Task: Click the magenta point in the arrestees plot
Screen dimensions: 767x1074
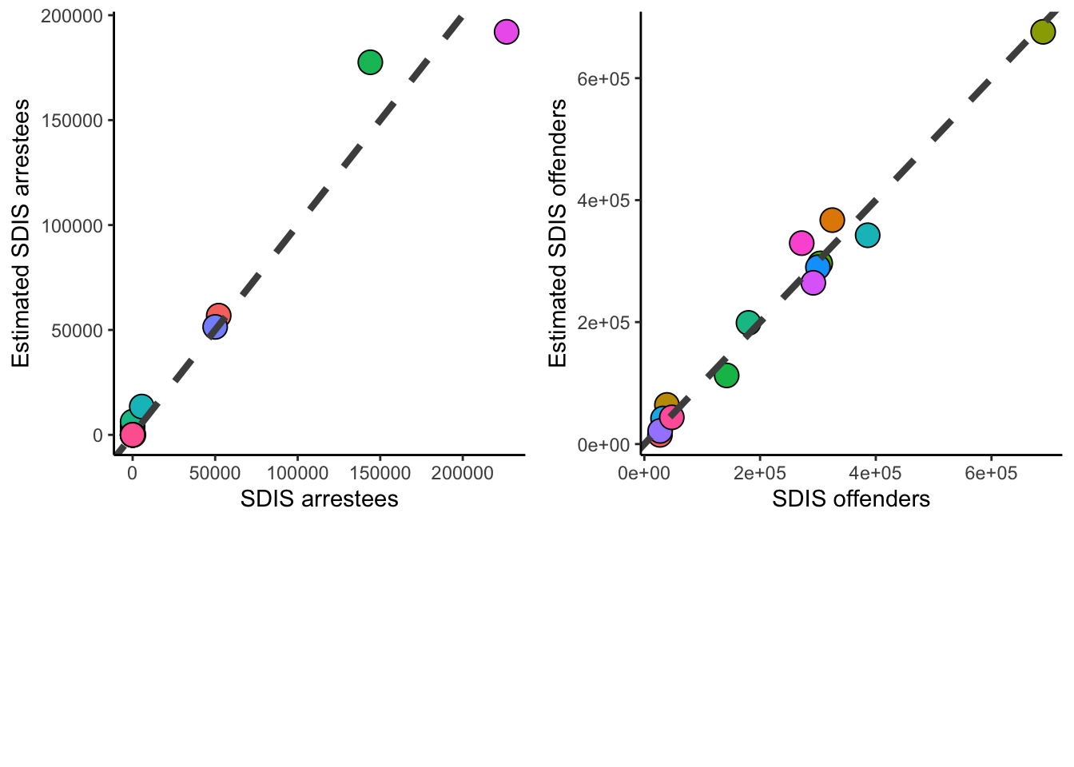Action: point(506,32)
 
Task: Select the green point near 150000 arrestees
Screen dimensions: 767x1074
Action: point(370,62)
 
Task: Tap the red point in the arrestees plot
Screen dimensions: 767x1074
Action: point(219,316)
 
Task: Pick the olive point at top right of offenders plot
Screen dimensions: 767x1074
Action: point(1043,32)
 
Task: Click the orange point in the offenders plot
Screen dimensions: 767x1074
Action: point(832,220)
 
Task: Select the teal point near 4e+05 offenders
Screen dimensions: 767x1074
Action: point(867,235)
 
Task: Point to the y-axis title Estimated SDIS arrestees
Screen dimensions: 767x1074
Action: point(21,233)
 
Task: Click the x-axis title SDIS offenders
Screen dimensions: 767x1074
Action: point(851,499)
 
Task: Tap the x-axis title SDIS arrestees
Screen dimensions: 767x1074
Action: point(319,499)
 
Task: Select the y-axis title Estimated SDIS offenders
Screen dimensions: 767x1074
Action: point(557,233)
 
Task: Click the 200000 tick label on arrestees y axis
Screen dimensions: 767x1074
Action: point(72,16)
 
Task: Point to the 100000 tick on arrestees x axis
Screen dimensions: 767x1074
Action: point(297,473)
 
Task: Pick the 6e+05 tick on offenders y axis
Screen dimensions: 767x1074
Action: point(603,78)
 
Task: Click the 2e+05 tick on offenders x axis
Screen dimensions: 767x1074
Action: point(759,473)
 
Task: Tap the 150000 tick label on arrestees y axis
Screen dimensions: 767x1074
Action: point(72,121)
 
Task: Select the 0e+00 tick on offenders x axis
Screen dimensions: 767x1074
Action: point(644,473)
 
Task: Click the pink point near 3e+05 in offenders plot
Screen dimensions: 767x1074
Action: point(802,243)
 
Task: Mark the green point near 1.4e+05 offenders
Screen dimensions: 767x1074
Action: point(726,376)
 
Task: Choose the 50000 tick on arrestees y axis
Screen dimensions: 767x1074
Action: point(78,331)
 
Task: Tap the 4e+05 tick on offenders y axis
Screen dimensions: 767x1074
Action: point(603,201)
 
